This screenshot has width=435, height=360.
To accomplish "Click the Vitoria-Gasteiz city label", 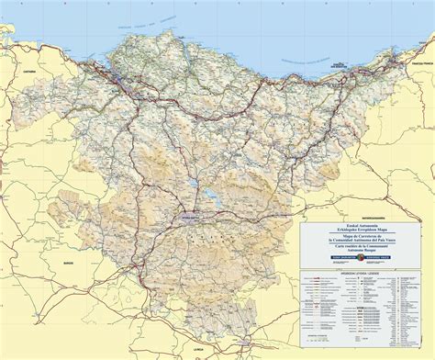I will click(187, 219).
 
